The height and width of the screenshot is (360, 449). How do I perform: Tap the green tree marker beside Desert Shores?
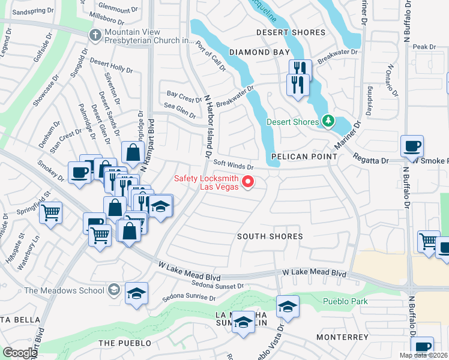[x=327, y=122]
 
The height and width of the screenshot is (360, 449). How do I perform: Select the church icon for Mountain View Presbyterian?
[x=95, y=35]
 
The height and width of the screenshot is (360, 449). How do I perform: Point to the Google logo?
[x=20, y=352]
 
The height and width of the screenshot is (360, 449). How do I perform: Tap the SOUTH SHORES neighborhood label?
[x=270, y=236]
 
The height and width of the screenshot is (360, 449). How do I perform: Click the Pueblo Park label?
[x=344, y=301]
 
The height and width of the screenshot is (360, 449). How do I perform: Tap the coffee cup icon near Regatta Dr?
[x=412, y=146]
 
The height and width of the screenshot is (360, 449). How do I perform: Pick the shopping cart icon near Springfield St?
[x=51, y=212]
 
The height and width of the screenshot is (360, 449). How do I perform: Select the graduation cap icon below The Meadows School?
[x=137, y=294]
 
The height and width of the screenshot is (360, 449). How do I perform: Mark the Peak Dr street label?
[x=424, y=47]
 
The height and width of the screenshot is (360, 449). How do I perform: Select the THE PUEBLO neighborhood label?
[x=122, y=343]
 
